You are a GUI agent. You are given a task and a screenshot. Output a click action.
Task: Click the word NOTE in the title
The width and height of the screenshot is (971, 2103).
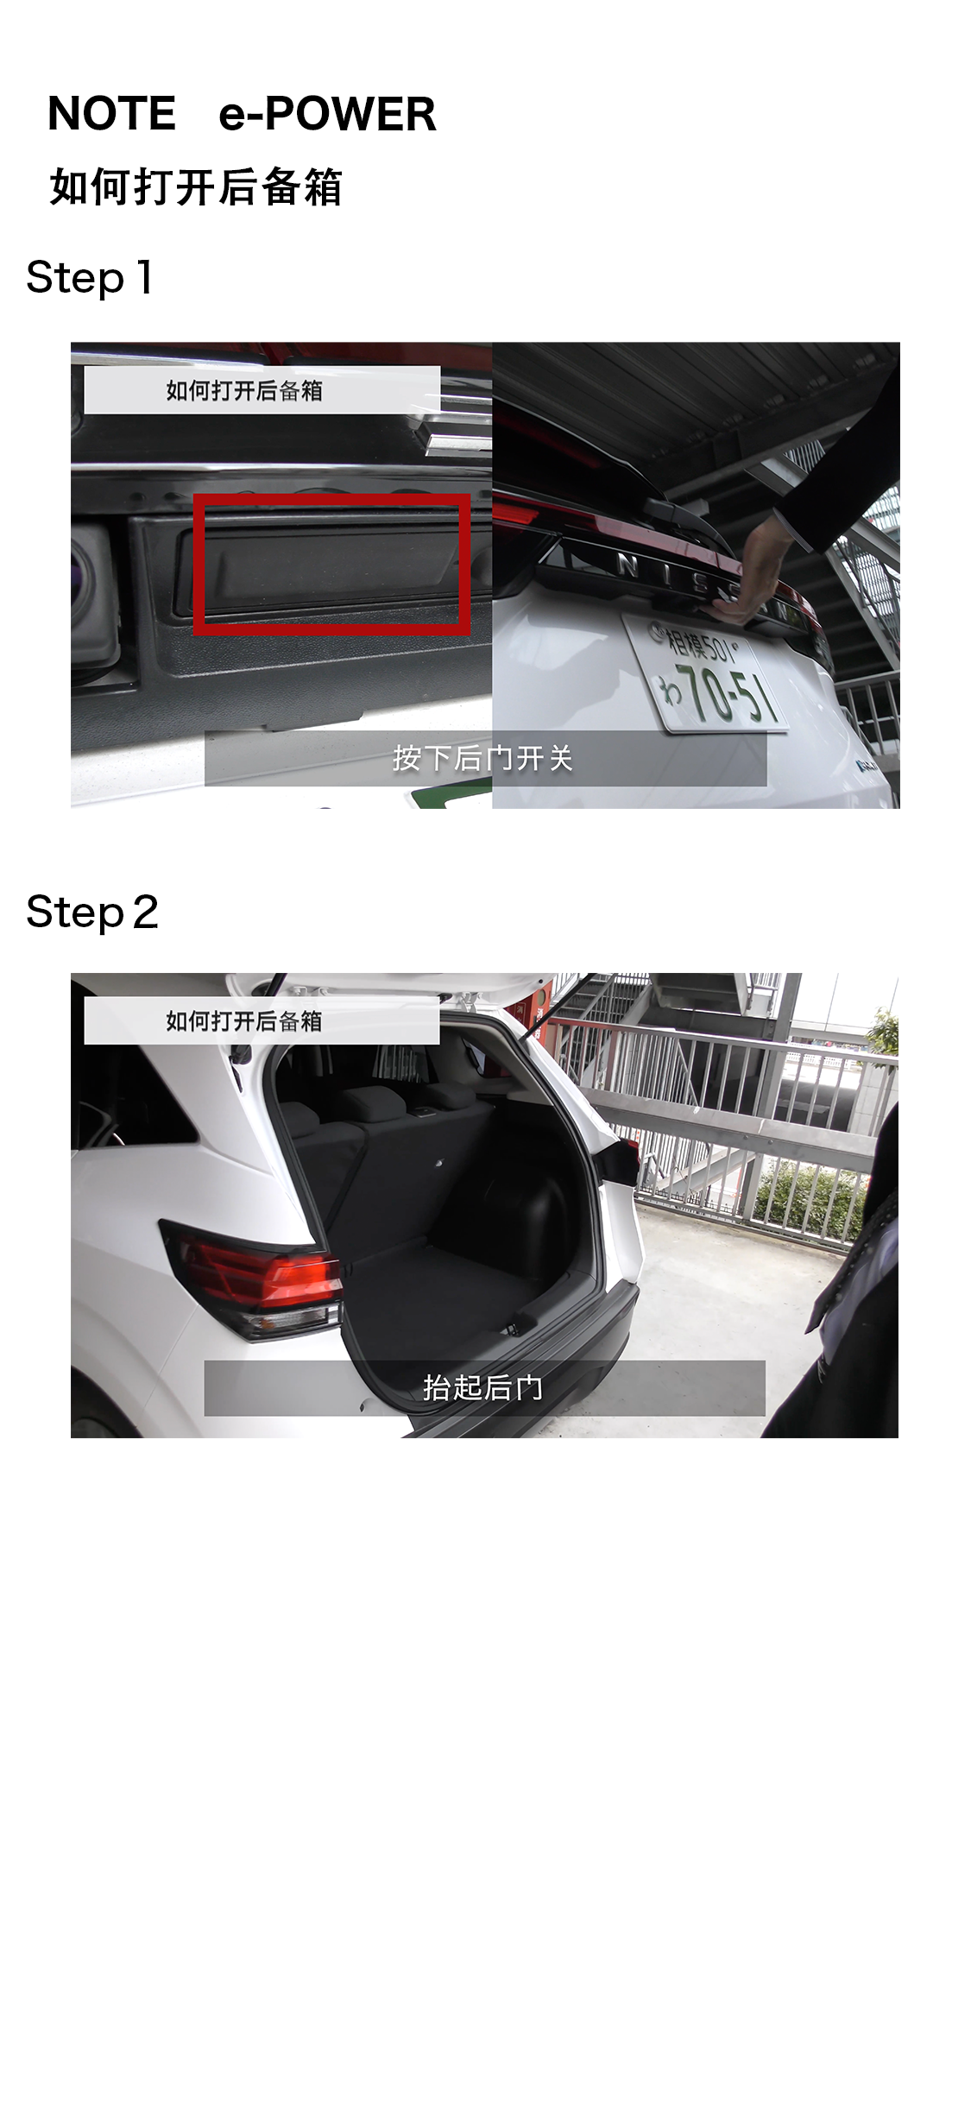tap(111, 114)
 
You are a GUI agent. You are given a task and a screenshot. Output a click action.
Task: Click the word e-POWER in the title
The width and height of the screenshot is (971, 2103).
tap(327, 114)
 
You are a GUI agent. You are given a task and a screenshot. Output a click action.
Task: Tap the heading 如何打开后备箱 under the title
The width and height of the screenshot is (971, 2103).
tap(196, 187)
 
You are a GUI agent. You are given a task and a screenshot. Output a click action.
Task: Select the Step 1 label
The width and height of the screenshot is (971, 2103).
tap(90, 278)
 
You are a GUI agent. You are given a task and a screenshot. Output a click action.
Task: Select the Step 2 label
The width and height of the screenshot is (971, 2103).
tap(92, 913)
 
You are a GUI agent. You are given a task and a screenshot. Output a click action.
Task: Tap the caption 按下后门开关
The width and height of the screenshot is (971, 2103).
tap(483, 758)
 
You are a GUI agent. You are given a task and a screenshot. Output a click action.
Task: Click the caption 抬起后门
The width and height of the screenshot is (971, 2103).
tap(483, 1387)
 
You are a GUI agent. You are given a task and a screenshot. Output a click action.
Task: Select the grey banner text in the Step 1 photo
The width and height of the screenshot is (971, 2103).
tap(244, 391)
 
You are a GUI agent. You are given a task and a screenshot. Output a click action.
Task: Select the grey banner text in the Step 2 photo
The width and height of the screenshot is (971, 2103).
tap(244, 1021)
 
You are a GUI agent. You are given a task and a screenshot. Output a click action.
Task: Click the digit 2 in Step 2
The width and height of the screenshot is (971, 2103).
tap(146, 913)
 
